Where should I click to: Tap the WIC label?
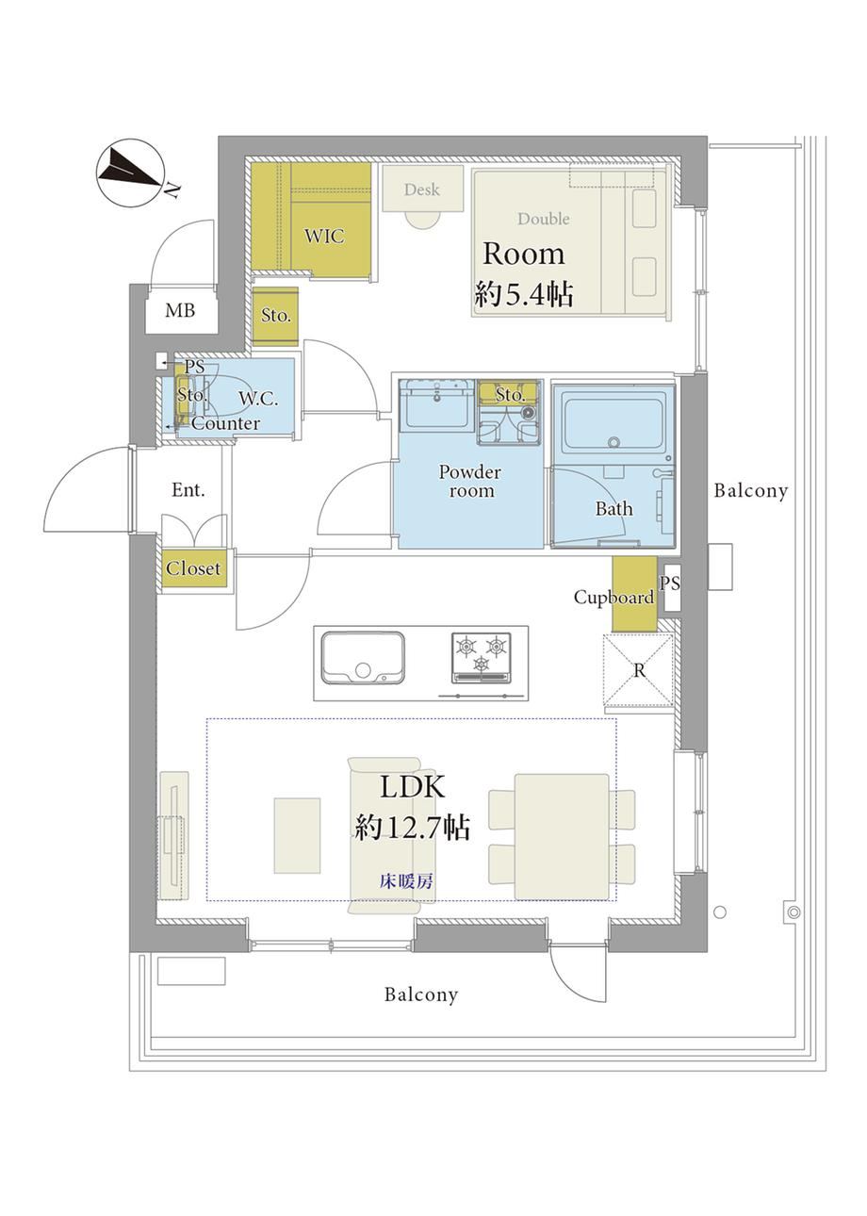coord(324,237)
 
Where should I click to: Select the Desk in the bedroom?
coord(422,189)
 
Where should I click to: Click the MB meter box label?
coord(180,310)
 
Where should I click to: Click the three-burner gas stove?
coord(482,657)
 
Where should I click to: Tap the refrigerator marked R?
coord(639,671)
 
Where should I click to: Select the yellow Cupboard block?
coord(634,594)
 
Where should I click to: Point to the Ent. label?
coord(188,490)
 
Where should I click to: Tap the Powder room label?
coord(469,481)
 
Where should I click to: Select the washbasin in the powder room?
coord(436,403)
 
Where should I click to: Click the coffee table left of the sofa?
coord(297,835)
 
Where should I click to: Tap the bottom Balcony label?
coord(421,994)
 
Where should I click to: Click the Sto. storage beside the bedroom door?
coord(275,317)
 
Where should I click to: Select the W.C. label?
coord(258,399)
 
